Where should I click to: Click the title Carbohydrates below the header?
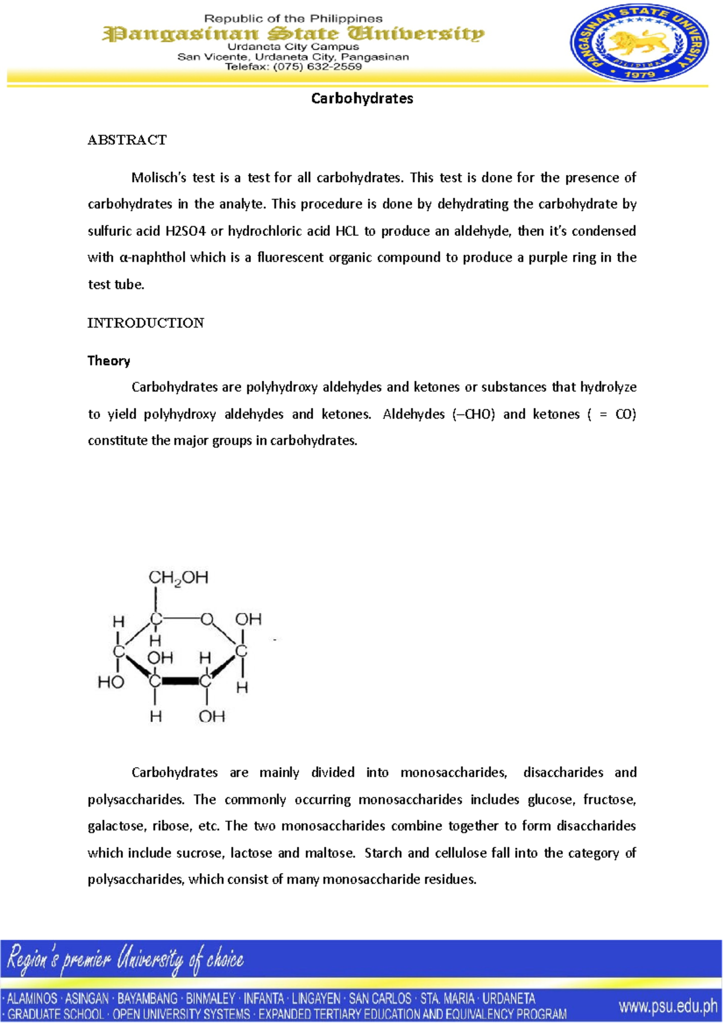362,98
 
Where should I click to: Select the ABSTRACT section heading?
127,140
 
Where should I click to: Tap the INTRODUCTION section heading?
145,323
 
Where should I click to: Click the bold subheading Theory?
109,361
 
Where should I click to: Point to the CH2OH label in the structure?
178,578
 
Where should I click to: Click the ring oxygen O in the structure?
207,619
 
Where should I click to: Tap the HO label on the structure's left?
111,682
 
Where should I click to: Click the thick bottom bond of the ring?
180,681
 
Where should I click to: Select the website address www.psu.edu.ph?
668,1006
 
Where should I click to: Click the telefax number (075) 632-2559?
317,67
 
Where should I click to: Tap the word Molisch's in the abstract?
159,178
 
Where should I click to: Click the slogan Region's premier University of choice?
125,959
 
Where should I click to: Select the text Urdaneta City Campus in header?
293,46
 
